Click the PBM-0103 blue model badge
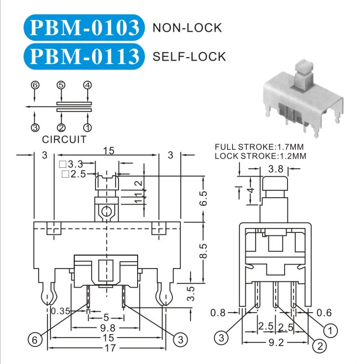[x=84, y=27]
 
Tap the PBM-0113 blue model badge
[x=84, y=56]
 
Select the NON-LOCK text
[x=187, y=28]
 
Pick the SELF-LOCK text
[x=189, y=57]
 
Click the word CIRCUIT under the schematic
[x=64, y=139]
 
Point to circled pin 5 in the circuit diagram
[x=61, y=85]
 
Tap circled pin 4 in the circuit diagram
[x=87, y=85]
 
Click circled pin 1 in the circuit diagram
[x=87, y=127]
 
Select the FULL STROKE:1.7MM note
[x=259, y=147]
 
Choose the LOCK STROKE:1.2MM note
[x=260, y=156]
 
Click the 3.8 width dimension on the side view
[x=276, y=169]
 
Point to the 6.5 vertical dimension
[x=203, y=198]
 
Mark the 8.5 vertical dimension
[x=203, y=251]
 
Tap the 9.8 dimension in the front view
[x=108, y=328]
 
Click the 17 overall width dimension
[x=110, y=348]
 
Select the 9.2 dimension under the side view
[x=276, y=342]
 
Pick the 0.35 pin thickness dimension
[x=60, y=311]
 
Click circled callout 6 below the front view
[x=35, y=340]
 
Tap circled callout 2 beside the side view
[x=320, y=346]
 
